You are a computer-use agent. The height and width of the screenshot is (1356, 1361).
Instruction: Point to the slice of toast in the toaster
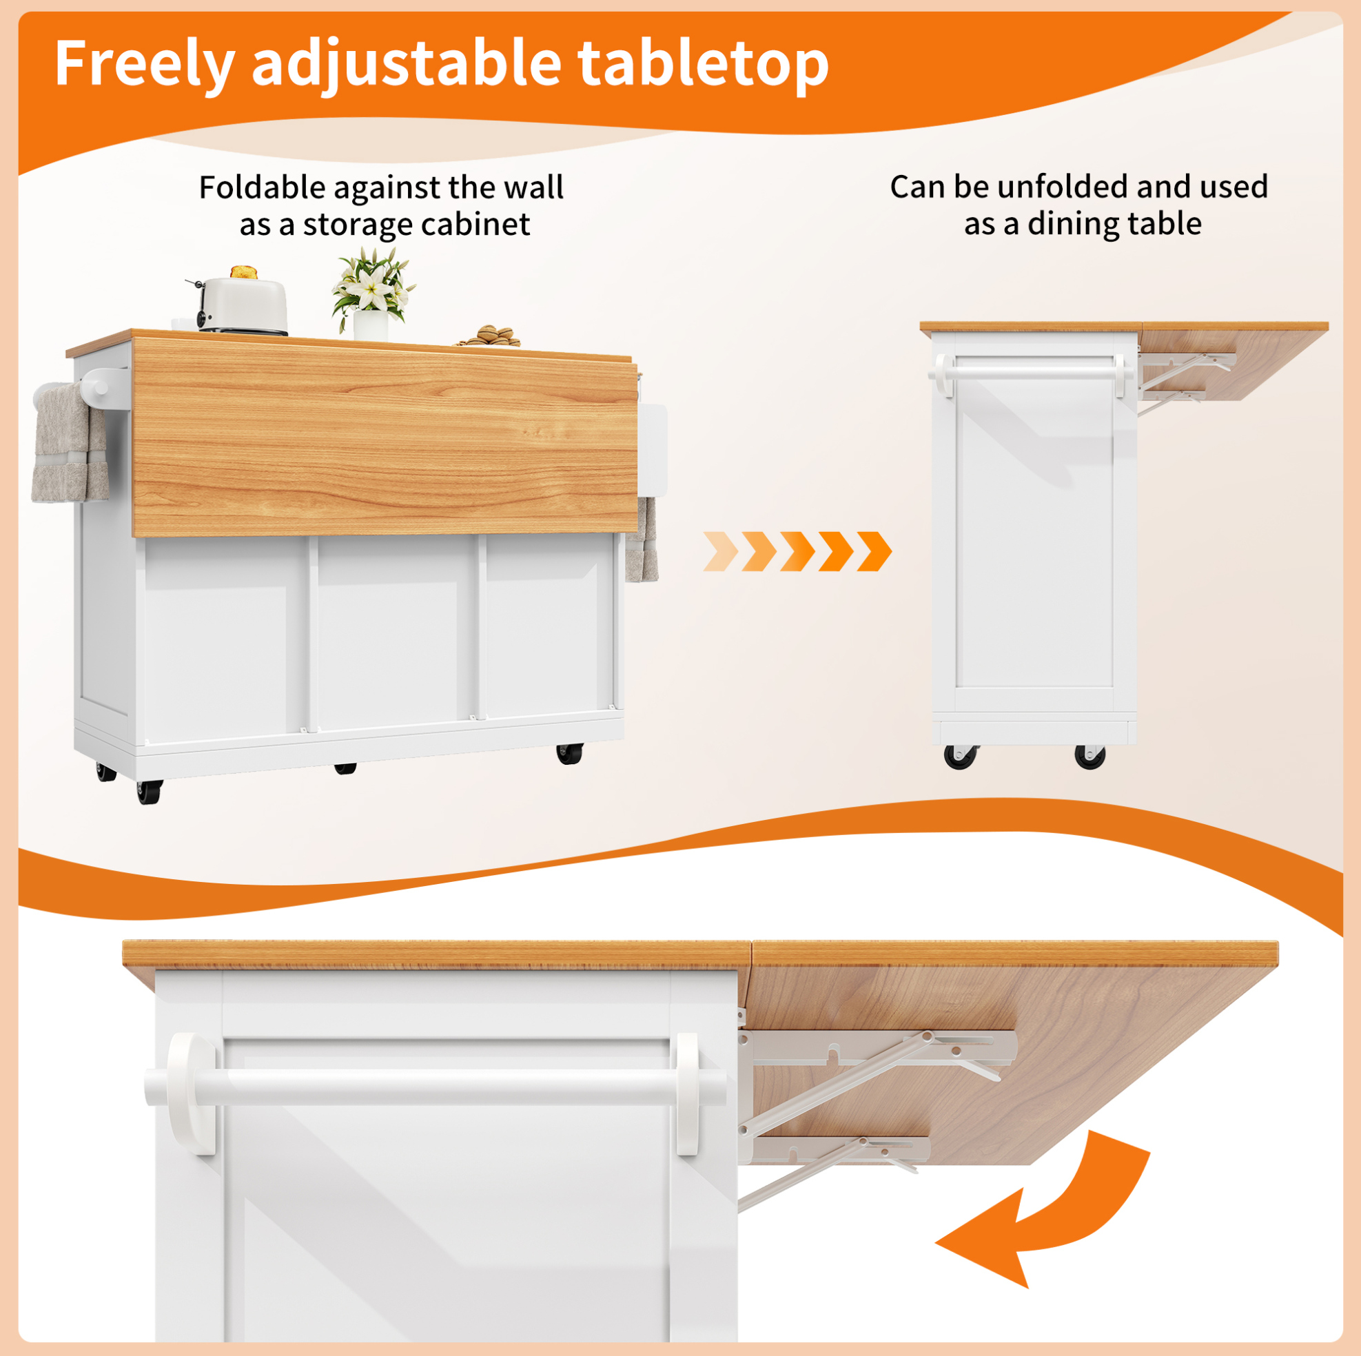pyautogui.click(x=243, y=272)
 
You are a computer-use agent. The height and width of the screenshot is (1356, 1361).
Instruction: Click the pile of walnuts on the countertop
pyautogui.click(x=489, y=336)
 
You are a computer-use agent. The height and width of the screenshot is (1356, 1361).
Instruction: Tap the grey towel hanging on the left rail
pyautogui.click(x=69, y=443)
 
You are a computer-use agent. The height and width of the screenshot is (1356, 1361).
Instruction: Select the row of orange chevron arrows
pyautogui.click(x=797, y=551)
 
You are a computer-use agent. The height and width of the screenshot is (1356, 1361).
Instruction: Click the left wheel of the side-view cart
pyautogui.click(x=961, y=757)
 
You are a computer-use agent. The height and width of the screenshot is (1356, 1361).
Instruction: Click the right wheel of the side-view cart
pyautogui.click(x=1089, y=757)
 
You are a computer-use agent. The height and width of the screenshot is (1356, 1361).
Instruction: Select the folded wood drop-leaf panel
pyautogui.click(x=385, y=436)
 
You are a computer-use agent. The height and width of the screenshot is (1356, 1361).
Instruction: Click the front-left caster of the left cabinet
pyautogui.click(x=150, y=792)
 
